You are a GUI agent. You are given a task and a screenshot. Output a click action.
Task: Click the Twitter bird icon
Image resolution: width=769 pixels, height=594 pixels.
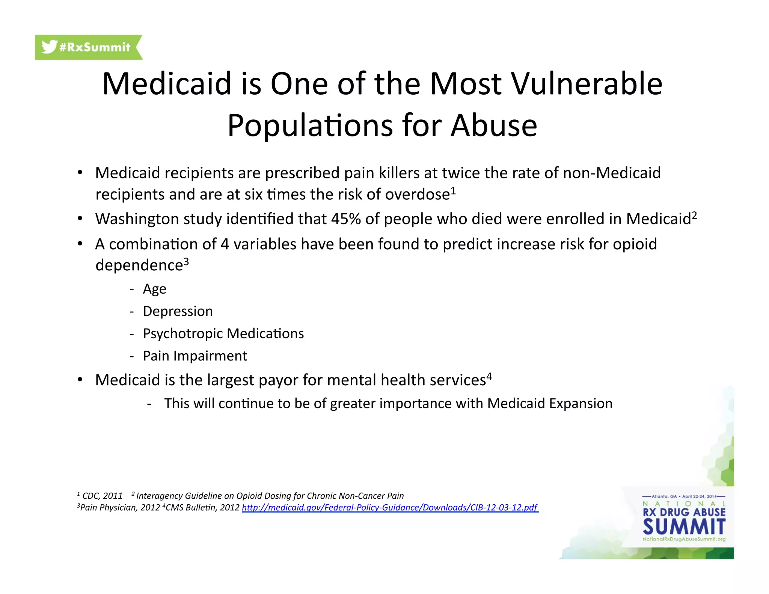click(x=49, y=47)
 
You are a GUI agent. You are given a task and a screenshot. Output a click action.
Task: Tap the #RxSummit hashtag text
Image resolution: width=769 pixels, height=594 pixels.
click(x=95, y=47)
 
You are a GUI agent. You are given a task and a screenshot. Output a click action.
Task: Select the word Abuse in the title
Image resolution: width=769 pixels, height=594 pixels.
click(x=494, y=125)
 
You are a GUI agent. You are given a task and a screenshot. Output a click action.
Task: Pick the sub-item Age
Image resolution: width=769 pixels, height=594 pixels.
click(x=154, y=289)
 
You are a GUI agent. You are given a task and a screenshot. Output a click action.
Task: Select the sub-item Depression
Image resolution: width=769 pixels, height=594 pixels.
click(x=178, y=311)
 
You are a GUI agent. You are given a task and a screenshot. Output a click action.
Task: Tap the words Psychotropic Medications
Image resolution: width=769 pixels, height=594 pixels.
click(x=223, y=333)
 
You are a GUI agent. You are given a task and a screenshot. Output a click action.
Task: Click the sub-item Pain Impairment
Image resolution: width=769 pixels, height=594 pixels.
click(x=195, y=356)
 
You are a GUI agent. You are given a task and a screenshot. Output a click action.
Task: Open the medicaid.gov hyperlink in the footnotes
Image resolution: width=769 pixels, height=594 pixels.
click(x=390, y=508)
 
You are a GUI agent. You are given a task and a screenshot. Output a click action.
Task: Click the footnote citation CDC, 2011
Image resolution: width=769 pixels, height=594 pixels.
click(x=102, y=496)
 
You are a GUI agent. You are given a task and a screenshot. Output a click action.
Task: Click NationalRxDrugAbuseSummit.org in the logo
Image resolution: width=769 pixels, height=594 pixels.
click(x=684, y=539)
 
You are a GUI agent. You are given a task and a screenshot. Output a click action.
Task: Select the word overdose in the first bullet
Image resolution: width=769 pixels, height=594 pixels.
click(x=417, y=194)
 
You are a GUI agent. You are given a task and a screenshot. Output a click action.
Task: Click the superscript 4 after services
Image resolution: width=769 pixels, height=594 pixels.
click(x=489, y=376)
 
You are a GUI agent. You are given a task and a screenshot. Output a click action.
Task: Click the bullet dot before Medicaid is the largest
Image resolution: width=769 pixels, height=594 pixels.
click(x=80, y=380)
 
